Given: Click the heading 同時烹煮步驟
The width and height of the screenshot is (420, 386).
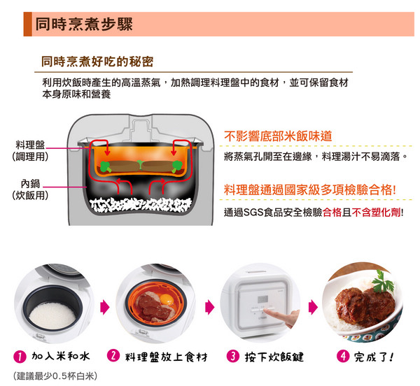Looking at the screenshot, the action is [84, 24].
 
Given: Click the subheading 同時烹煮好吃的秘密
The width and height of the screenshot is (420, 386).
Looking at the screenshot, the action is [97, 62].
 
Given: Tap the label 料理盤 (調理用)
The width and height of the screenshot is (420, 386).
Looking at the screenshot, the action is [30, 151].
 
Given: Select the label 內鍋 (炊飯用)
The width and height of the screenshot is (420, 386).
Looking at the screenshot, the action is [30, 190].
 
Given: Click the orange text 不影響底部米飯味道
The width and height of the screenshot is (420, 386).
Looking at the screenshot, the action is [278, 136].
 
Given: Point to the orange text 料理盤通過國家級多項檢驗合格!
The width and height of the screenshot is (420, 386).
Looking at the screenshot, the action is [310, 190].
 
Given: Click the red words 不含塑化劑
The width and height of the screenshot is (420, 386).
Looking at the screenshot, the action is [377, 213].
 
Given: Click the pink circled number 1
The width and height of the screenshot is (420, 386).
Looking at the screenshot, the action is [20, 357].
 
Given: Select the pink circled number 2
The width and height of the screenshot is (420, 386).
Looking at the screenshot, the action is [113, 356].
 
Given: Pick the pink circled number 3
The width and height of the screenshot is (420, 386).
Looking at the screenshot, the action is [233, 357].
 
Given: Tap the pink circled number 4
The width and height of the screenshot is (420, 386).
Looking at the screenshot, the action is [343, 357].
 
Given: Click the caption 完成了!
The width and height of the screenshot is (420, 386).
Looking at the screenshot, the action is [374, 357].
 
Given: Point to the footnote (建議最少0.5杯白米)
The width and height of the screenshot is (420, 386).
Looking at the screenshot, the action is [55, 376].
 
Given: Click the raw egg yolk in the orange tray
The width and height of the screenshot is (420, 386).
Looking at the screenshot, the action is [168, 299].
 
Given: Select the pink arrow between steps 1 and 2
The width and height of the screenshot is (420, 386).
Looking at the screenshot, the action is [105, 307].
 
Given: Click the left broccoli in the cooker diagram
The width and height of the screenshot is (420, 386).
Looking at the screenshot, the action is [106, 166].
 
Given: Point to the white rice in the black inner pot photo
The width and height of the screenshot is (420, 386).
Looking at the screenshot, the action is [52, 316].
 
